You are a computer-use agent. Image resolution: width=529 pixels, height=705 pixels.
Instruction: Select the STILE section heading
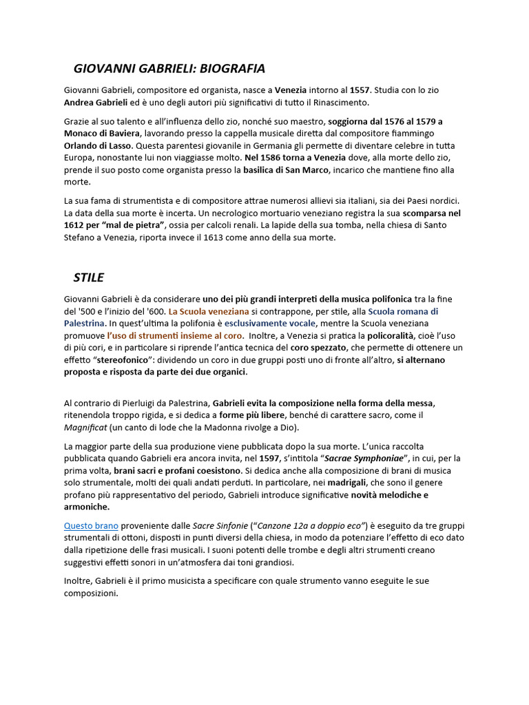pos(89,277)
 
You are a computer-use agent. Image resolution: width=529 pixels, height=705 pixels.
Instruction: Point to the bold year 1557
pos(360,90)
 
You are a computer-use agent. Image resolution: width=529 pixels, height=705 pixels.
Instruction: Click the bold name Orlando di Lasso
pos(96,145)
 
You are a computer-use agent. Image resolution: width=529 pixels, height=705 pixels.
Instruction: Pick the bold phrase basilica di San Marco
pos(287,170)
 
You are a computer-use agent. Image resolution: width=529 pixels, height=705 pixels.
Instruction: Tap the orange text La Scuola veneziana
pos(209,311)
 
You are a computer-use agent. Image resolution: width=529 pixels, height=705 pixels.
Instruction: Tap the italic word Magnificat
pos(85,428)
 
